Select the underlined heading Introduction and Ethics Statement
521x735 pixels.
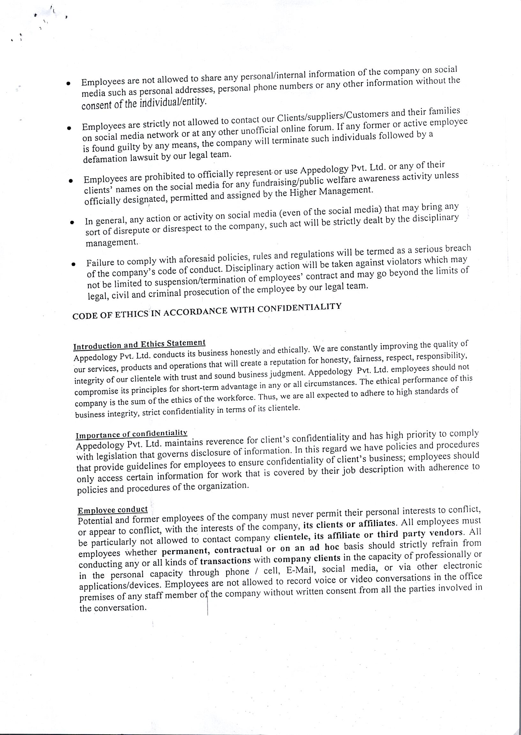139,344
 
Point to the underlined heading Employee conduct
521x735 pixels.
113,510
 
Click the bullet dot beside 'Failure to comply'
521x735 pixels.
73,264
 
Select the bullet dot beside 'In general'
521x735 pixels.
72,222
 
